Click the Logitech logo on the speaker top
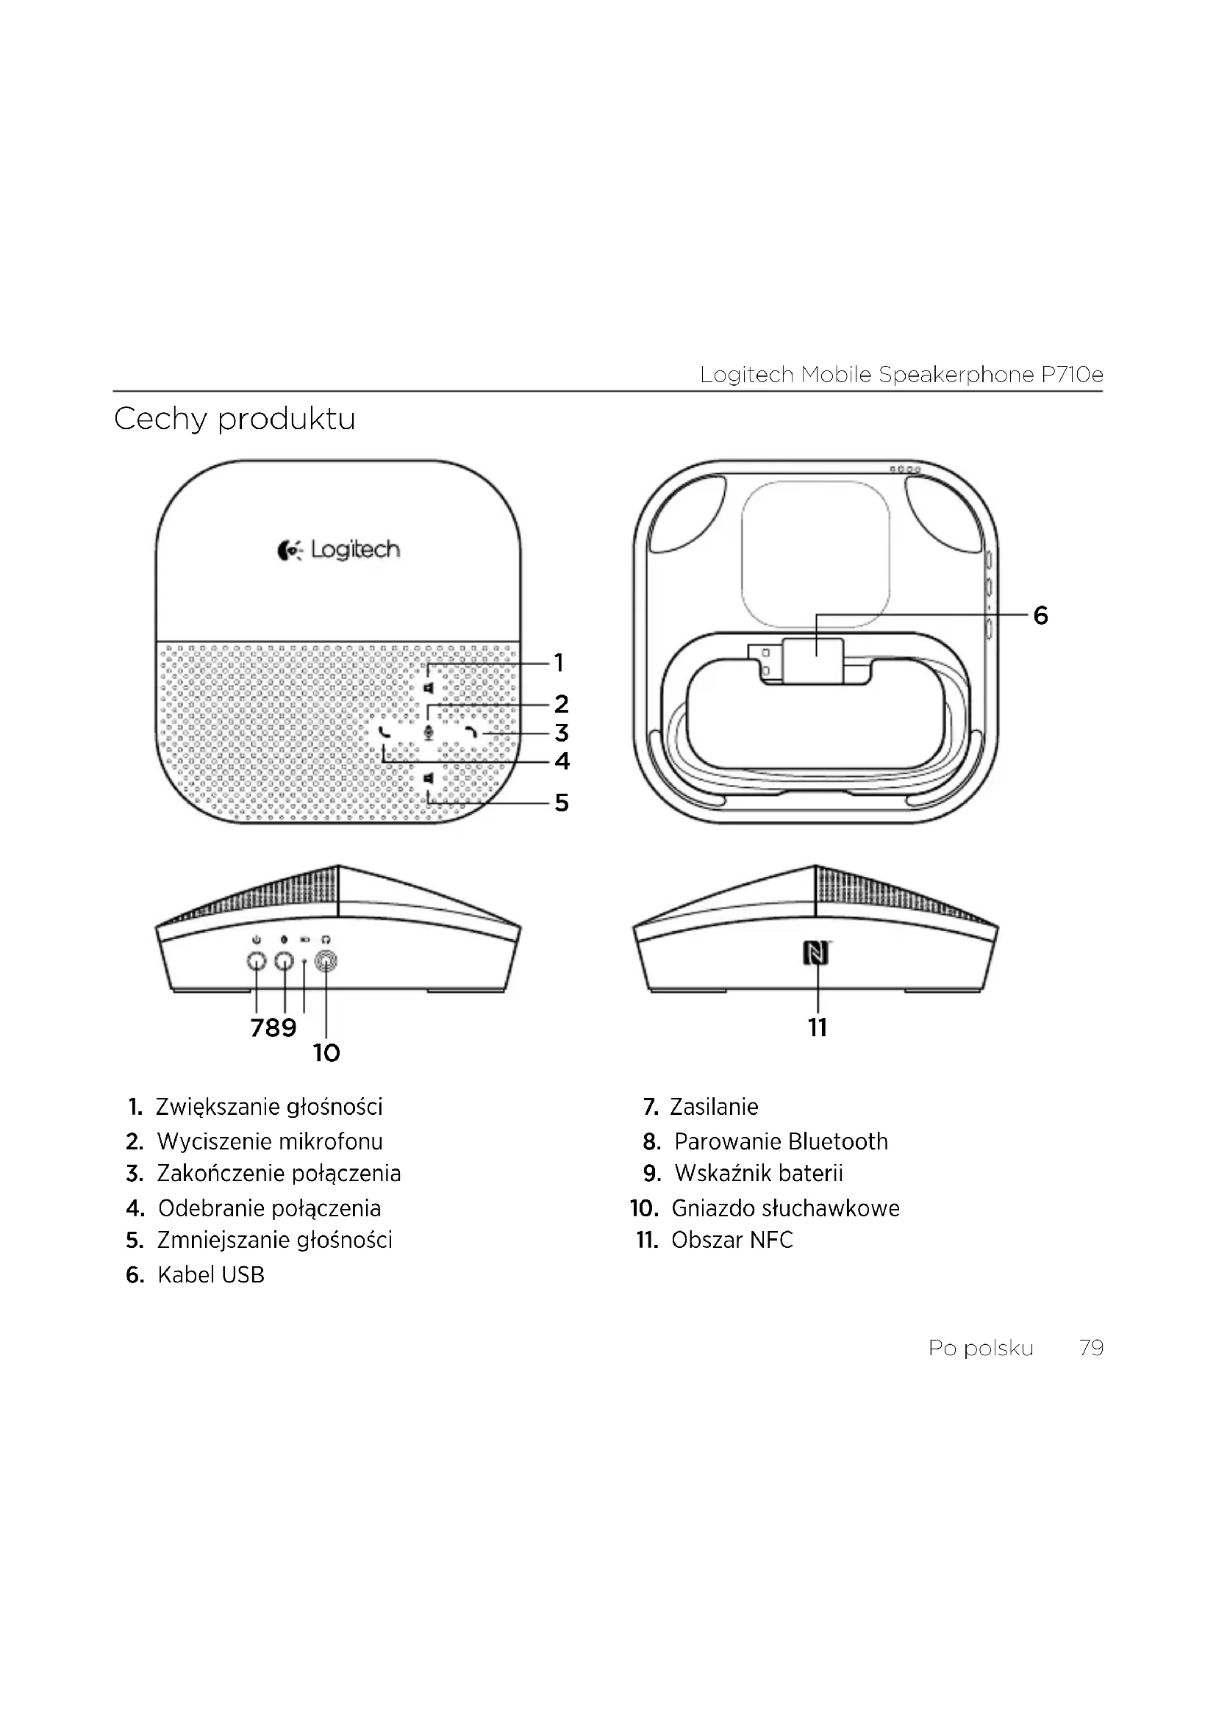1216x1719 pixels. [x=338, y=550]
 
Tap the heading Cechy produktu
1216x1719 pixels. [x=235, y=419]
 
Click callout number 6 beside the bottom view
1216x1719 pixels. [x=1040, y=615]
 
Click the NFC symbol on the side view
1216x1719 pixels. [x=816, y=954]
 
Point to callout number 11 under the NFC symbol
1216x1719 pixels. [x=818, y=1027]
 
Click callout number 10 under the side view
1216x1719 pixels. [x=326, y=1053]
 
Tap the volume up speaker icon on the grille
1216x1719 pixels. [x=429, y=688]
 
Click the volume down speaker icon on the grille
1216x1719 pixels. [x=429, y=779]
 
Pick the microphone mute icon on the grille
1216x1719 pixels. [x=429, y=733]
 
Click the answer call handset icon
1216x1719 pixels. [x=385, y=733]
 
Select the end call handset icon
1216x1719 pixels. [x=472, y=733]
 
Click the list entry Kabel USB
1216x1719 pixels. [x=210, y=1275]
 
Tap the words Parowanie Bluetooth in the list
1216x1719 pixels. [x=780, y=1142]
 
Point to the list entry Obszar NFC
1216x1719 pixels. [x=732, y=1241]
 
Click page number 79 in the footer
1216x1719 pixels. [x=1091, y=1349]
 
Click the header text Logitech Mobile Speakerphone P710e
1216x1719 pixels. [x=901, y=375]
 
